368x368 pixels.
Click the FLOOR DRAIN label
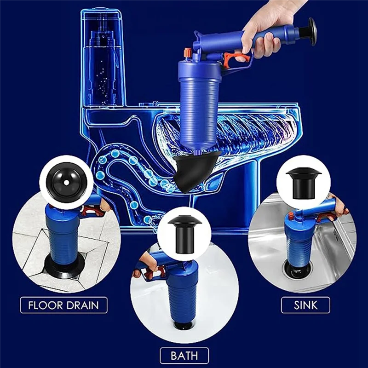(x=64, y=305)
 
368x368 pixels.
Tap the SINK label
(x=306, y=305)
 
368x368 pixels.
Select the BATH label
(x=184, y=355)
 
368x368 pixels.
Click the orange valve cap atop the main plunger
(x=187, y=53)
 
